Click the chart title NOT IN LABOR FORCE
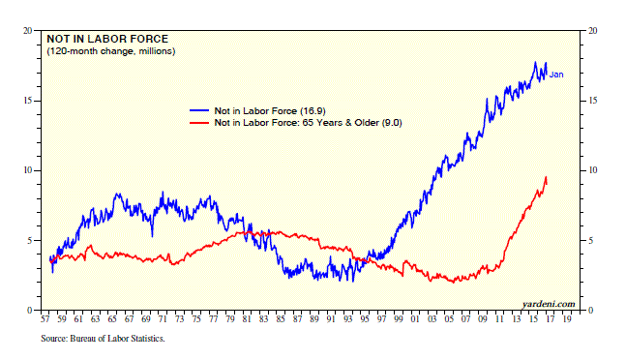pos(107,39)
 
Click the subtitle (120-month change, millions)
pos(111,51)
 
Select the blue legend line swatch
pos(199,110)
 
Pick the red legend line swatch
pos(199,122)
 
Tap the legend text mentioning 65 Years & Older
pos(308,123)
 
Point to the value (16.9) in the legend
pos(313,111)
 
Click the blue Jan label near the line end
pos(556,75)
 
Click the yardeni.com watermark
pos(549,304)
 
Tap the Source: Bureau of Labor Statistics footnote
pos(103,339)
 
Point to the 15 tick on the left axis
pos(28,101)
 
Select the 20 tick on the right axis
pos(593,31)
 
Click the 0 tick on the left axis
pos(30,310)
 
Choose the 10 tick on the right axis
pos(593,170)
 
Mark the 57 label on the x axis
pos(45,319)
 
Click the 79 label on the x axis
pos(230,319)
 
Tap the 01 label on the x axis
pos(415,319)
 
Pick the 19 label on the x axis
pos(567,319)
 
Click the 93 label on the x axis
pos(348,319)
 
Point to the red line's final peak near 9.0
pos(546,177)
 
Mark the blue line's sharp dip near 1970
pos(152,236)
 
